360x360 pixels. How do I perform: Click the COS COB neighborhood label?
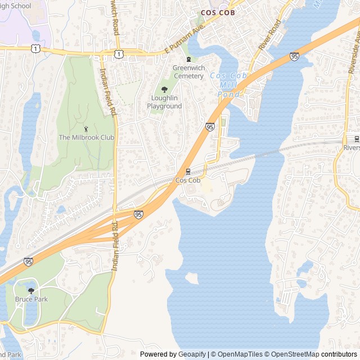(218, 12)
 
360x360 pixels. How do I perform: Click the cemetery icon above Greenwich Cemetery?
(189, 60)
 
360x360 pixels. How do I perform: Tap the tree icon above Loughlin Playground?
(164, 89)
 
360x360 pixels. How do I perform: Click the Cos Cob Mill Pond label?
(229, 84)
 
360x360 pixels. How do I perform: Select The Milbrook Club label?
(87, 137)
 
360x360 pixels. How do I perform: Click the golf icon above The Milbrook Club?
(86, 129)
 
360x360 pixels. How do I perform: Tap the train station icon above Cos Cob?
(188, 172)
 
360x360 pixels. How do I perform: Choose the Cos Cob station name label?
(188, 181)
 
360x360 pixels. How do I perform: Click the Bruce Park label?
(31, 299)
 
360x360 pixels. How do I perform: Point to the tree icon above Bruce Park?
(31, 290)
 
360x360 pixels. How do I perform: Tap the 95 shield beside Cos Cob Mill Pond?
(210, 127)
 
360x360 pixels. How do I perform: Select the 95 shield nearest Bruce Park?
(28, 262)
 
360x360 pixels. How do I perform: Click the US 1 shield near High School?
(37, 49)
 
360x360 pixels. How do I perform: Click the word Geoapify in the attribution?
(192, 354)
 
